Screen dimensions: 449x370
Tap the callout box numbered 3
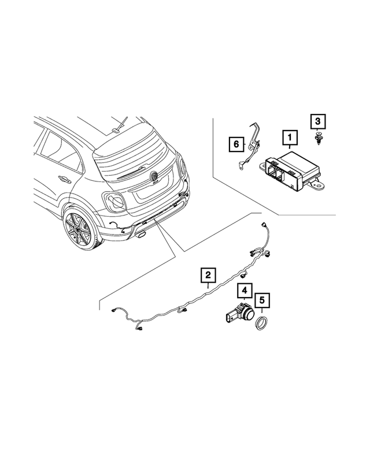point(317,121)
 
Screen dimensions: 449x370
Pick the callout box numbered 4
point(245,291)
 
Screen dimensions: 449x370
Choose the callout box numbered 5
point(263,300)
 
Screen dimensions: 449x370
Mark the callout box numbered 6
point(235,143)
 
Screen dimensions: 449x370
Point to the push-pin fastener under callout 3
point(317,138)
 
